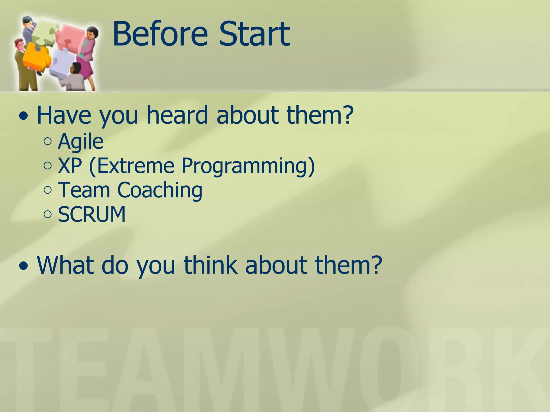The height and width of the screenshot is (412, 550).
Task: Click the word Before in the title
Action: (x=160, y=34)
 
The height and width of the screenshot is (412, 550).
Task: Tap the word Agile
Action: (x=81, y=141)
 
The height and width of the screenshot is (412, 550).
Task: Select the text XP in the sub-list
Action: (x=70, y=165)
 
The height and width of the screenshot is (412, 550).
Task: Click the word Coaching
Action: (x=160, y=190)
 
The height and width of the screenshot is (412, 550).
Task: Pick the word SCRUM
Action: (x=92, y=214)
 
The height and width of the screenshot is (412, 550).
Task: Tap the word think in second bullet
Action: (x=211, y=265)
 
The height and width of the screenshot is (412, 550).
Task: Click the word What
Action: (x=66, y=265)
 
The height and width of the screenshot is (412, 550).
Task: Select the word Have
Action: (x=64, y=115)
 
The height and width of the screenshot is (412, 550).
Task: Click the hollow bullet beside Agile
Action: (x=48, y=141)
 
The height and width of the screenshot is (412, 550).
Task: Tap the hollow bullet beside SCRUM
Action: (x=48, y=214)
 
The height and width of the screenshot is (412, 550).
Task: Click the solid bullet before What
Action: (x=24, y=266)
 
